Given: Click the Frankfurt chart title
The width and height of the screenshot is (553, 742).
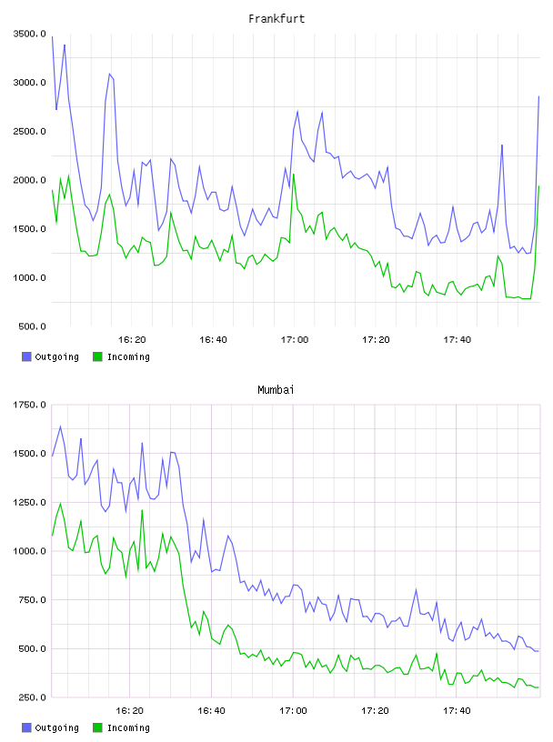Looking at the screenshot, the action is tap(276, 19).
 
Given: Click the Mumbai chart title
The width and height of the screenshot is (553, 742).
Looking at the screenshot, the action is tap(276, 390).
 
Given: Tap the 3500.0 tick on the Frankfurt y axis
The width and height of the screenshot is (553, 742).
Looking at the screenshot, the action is tap(29, 34).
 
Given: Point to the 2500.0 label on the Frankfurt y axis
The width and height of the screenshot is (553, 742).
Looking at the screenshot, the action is tap(29, 131).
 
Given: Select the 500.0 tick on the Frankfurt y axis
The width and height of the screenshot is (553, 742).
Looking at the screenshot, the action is tap(32, 326).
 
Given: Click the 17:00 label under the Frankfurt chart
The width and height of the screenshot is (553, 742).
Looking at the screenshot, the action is tap(295, 340).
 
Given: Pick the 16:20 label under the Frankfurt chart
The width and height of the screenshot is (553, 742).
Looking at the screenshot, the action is tap(132, 340).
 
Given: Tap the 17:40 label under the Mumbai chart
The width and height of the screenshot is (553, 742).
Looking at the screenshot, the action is tap(457, 711).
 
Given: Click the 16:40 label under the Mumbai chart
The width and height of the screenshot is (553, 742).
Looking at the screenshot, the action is tap(212, 711).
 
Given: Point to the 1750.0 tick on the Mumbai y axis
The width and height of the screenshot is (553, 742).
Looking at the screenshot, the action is tap(29, 405).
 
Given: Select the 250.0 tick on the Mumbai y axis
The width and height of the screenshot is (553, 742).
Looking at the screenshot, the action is tap(32, 697).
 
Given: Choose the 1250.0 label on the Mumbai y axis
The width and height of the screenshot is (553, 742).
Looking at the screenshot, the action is tap(29, 502).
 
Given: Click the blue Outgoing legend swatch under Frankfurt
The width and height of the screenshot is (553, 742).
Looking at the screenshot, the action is tap(26, 356).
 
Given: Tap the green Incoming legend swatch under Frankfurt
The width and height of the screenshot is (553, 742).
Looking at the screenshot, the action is tap(97, 356).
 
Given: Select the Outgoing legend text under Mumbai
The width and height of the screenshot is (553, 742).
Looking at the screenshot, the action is tap(56, 727).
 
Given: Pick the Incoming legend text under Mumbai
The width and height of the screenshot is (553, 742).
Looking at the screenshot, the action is tap(128, 727).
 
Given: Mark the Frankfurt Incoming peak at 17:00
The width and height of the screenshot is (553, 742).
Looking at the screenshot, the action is tap(294, 175).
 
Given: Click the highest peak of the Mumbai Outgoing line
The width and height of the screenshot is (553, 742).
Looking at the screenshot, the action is tap(60, 426).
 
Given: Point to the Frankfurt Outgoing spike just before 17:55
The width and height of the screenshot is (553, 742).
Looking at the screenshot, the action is tap(502, 145).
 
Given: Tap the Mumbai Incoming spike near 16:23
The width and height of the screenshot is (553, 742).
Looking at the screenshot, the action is tap(142, 510).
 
